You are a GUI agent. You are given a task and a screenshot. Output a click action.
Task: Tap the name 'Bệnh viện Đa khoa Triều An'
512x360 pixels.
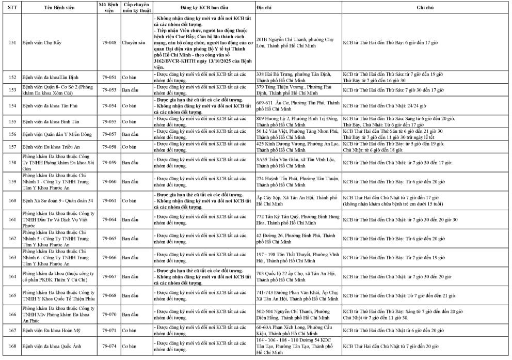tap(51, 147)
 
